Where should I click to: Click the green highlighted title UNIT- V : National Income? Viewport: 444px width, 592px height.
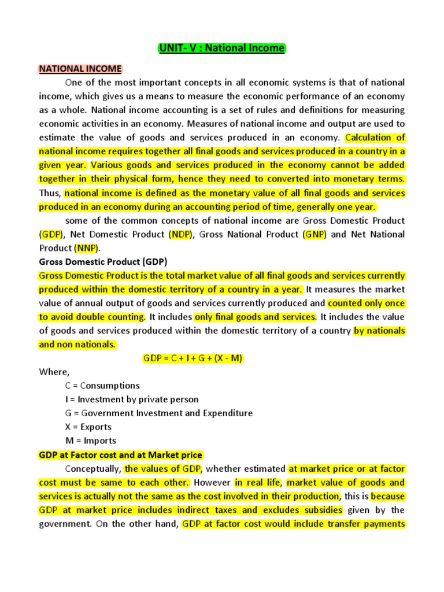pos(222,49)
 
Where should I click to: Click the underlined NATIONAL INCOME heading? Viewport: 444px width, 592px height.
pos(80,69)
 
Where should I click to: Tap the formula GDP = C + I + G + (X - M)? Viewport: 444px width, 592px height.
pos(193,358)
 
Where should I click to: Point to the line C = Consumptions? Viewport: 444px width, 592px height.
pos(102,386)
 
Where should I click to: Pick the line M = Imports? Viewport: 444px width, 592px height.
pos(91,441)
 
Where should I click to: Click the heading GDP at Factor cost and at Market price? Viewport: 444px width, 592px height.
pos(120,455)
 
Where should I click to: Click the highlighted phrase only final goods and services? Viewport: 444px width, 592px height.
pos(255,317)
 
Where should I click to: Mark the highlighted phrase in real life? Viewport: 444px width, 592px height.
pos(257,483)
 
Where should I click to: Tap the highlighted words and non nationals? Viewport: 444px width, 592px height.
pos(77,345)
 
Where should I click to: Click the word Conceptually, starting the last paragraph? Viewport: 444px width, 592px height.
pos(93,469)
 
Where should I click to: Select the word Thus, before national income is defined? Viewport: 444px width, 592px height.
pos(50,193)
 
